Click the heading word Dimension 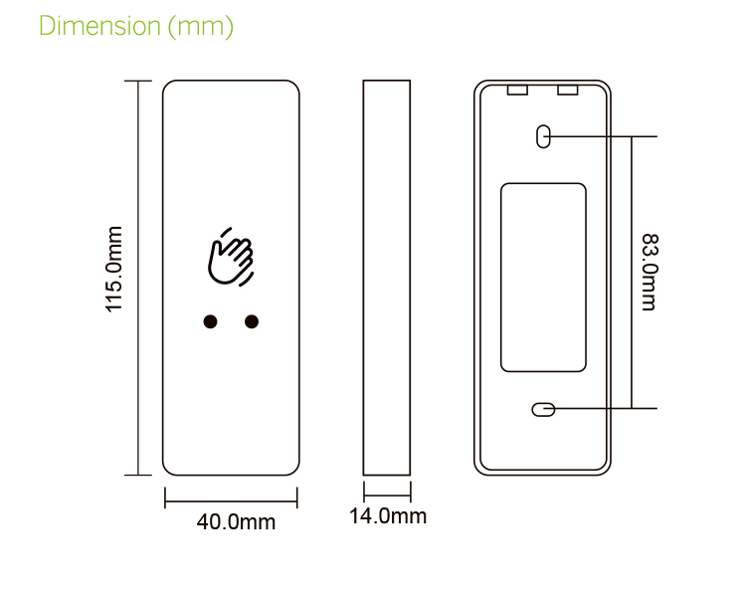tap(97, 26)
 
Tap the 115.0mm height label tap(114, 269)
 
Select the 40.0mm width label tap(235, 521)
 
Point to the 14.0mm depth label tap(387, 515)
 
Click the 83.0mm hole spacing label tap(649, 272)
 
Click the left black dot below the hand tap(210, 321)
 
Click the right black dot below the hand tap(252, 321)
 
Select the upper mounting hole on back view tap(543, 136)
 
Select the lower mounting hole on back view tap(543, 409)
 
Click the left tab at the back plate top tap(517, 91)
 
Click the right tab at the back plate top tap(568, 91)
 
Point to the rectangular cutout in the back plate tap(542, 277)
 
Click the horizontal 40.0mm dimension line tap(231, 499)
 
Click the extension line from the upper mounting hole tap(607, 134)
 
